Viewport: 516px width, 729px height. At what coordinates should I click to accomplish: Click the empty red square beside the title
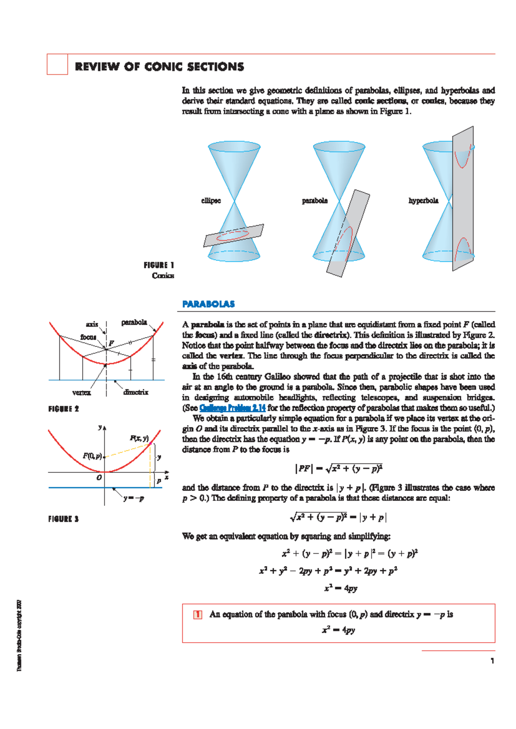(57, 64)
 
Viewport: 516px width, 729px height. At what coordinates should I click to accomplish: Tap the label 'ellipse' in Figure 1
(211, 201)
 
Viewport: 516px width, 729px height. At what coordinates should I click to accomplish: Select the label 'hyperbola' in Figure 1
(423, 201)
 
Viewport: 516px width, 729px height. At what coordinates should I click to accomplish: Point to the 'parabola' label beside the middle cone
(314, 201)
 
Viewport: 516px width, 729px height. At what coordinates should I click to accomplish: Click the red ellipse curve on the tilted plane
(233, 236)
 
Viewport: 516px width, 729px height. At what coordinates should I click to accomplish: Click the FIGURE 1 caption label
(159, 265)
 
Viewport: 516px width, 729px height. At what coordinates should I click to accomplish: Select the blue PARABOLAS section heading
(209, 304)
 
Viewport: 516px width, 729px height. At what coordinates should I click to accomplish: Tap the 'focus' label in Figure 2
(88, 337)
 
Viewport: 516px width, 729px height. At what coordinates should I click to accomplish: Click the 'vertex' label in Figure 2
(81, 392)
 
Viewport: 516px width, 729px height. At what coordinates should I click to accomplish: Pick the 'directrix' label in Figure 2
(135, 392)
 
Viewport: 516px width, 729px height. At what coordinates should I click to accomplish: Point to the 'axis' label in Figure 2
(92, 324)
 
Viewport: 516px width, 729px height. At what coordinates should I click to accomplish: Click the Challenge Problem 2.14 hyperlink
(232, 408)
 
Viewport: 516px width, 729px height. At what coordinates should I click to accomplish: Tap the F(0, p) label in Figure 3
(92, 456)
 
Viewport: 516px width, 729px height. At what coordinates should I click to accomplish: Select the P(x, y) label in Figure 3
(139, 438)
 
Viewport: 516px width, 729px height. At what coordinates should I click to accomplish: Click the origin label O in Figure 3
(99, 478)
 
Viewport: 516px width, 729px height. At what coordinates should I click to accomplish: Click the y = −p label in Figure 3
(133, 499)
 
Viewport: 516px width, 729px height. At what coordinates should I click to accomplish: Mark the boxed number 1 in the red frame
(197, 615)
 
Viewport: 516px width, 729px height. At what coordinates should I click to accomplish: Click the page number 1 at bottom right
(492, 661)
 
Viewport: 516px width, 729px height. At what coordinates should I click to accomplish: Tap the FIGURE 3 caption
(64, 519)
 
